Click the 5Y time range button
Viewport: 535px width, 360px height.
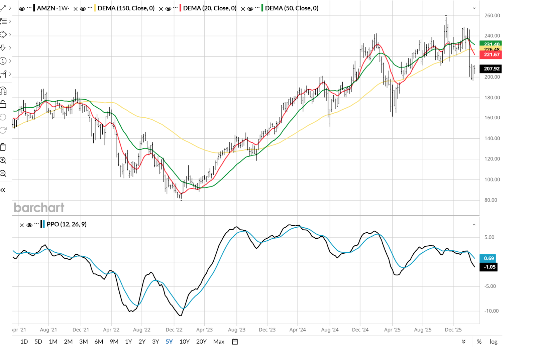coord(169,342)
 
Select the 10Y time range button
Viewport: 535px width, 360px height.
coord(185,342)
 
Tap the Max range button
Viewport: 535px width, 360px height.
coord(219,342)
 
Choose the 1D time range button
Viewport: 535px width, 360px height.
coord(24,342)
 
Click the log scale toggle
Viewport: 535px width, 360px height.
coord(494,342)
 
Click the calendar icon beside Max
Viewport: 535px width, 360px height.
coord(235,342)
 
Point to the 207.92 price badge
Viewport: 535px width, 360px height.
coord(491,69)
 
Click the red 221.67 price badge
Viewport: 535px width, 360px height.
coord(491,55)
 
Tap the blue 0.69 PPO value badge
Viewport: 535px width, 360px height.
coord(489,258)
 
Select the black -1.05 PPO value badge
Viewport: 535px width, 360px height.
coord(489,267)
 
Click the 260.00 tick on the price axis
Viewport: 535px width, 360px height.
coord(492,15)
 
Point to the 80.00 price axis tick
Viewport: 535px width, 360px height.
coord(491,200)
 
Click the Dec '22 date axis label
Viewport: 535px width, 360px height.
coord(174,330)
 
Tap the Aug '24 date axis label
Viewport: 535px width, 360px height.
coord(330,330)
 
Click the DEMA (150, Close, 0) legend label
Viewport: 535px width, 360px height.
coord(126,8)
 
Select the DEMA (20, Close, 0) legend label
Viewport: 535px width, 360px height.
coord(210,8)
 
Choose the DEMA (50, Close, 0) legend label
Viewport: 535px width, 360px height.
coord(292,8)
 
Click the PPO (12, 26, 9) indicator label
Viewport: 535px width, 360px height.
coord(67,224)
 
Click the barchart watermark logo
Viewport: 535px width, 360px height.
coord(39,208)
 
